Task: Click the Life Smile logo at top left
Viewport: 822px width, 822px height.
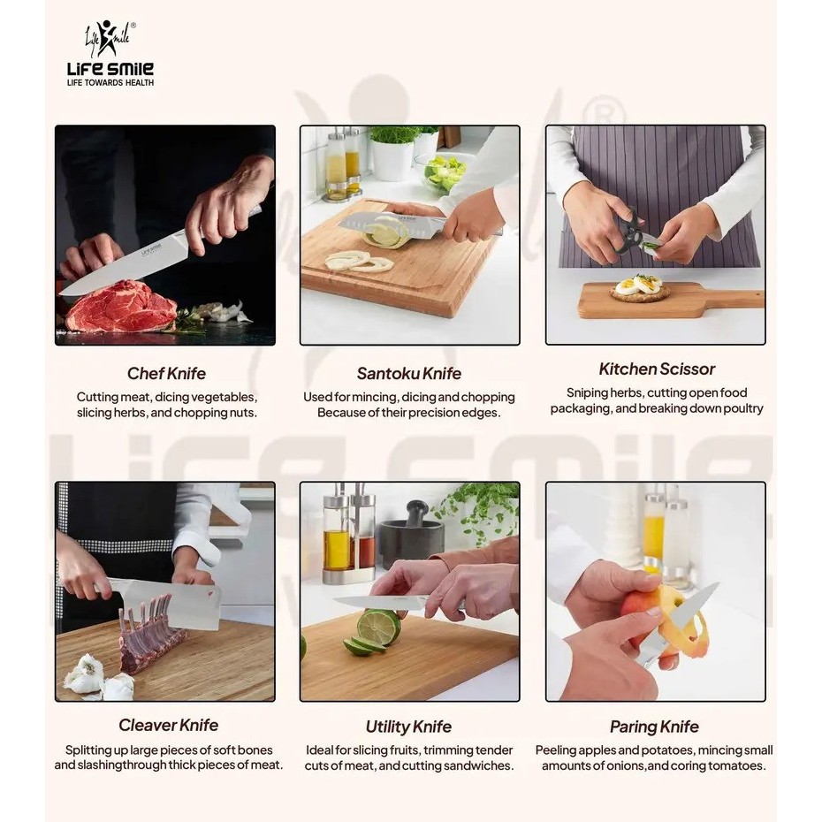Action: pos(110,53)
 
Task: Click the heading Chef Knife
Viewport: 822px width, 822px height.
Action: pos(166,373)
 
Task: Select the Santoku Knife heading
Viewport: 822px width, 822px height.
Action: pos(409,373)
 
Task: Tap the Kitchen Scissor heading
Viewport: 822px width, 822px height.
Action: pos(657,369)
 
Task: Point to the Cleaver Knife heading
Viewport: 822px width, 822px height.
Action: pos(168,725)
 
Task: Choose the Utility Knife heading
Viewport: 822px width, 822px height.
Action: pos(408,727)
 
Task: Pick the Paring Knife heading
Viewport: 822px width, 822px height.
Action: pos(654,727)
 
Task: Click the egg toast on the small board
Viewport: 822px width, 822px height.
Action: pos(640,287)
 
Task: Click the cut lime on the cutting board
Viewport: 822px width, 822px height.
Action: pos(374,632)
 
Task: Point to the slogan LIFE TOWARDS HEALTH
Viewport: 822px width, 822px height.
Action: pos(110,83)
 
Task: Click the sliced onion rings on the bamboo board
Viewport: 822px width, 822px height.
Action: pos(360,262)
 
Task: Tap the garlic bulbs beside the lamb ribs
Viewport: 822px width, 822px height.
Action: pos(99,678)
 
